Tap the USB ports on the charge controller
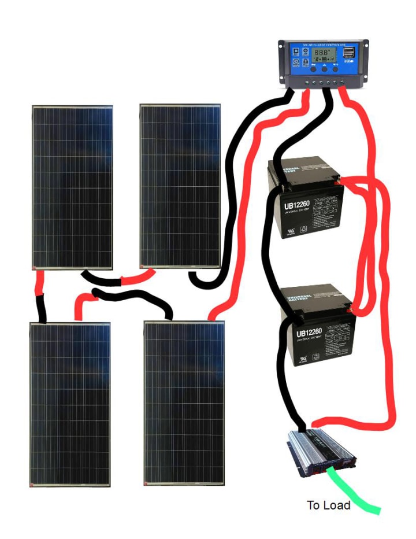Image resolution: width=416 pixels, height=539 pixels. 349,53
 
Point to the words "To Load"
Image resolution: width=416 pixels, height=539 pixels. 328,505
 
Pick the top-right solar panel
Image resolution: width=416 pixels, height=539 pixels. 180,186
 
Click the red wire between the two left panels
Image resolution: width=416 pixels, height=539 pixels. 39,283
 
